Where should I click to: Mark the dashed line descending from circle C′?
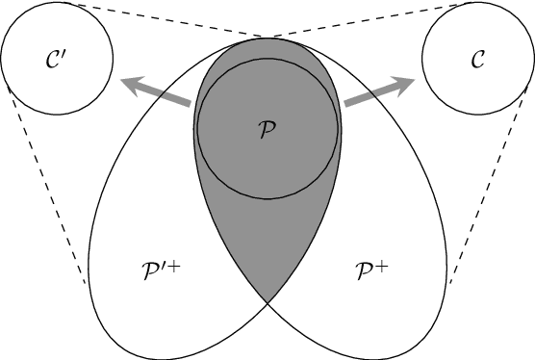pos(46,183)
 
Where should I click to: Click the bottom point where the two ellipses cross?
pos(267,305)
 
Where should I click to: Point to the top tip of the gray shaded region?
pos(267,39)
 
